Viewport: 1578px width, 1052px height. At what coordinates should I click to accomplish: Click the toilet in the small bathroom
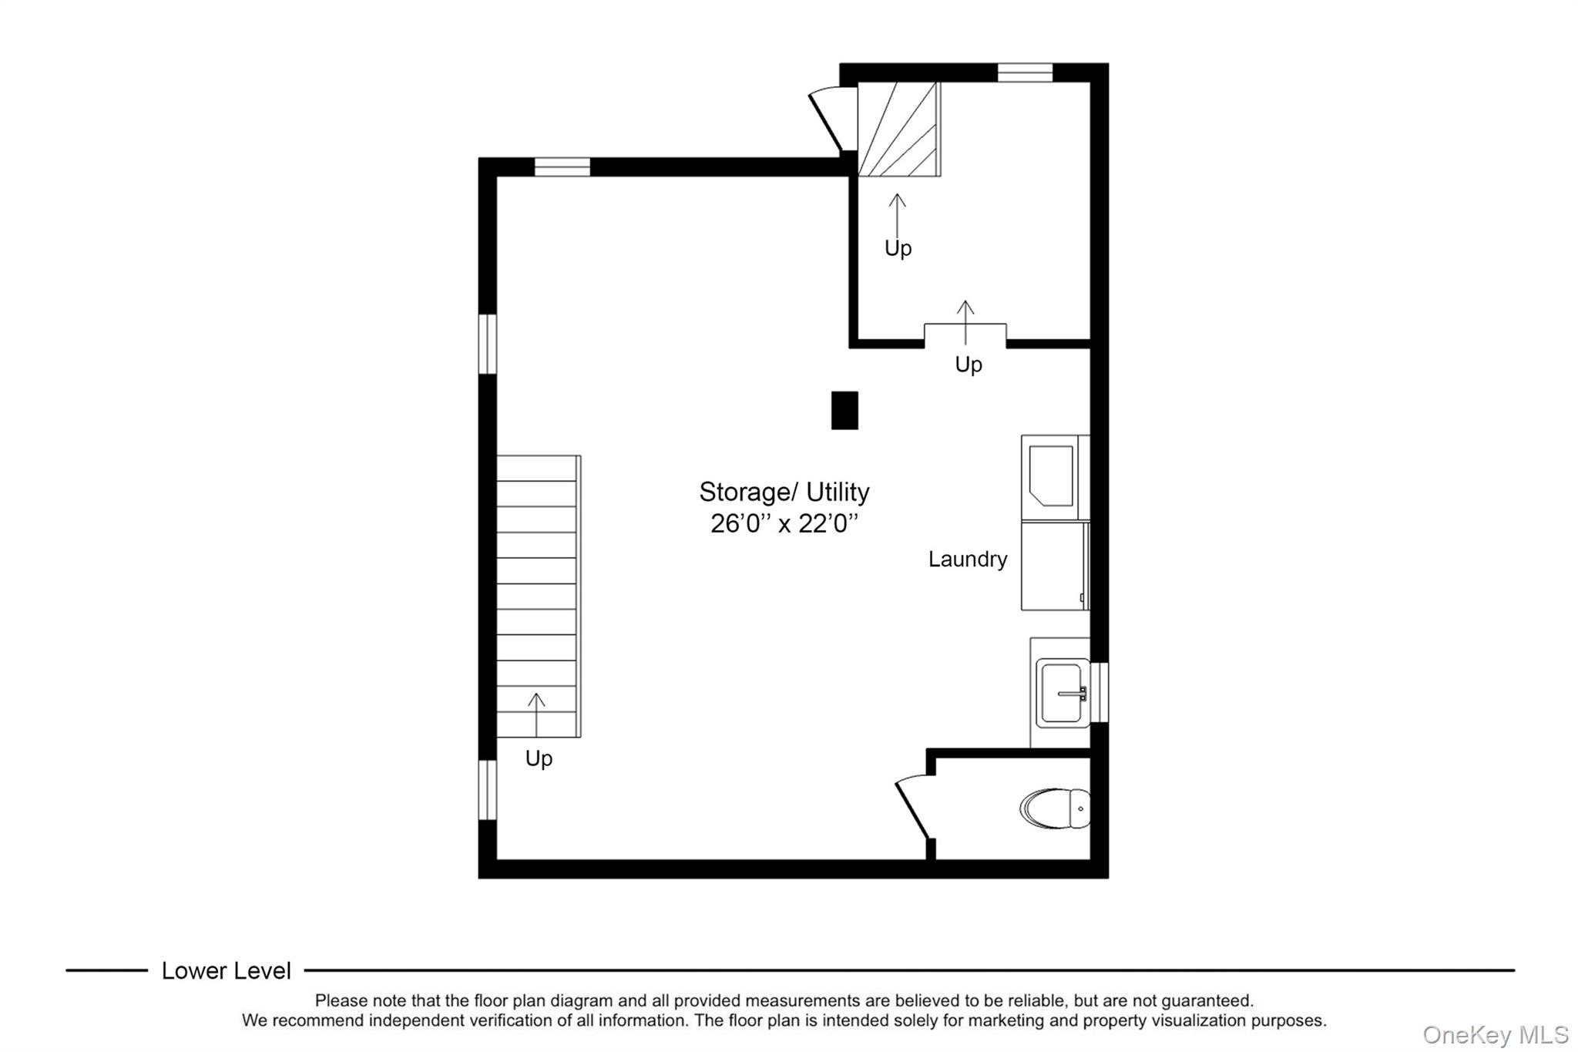coord(1056,808)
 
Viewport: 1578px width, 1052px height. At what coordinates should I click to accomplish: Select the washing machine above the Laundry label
coord(1055,478)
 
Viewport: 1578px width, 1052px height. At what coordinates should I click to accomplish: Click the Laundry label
coord(968,559)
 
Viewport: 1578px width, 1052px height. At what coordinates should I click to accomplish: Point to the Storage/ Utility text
coord(784,491)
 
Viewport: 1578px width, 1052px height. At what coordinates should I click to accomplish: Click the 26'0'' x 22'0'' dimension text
coord(784,523)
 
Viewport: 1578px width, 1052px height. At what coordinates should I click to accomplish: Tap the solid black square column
coord(844,410)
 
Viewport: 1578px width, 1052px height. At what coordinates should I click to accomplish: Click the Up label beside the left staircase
coord(539,759)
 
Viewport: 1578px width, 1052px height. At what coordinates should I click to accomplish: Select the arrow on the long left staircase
coord(536,714)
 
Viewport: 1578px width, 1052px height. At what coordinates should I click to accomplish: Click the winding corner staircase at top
coord(899,129)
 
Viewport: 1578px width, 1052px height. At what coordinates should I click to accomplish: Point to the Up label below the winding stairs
coord(898,248)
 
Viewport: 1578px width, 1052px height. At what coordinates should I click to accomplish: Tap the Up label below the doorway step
coord(969,365)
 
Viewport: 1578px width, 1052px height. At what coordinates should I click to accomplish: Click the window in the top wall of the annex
coord(1025,72)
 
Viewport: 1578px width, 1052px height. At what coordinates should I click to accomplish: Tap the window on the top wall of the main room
coord(562,166)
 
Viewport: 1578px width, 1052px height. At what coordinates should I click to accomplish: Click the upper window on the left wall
coord(487,344)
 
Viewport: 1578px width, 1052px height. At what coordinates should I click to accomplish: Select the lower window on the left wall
coord(487,790)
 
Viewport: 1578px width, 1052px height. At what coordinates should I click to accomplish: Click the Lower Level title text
coord(227,970)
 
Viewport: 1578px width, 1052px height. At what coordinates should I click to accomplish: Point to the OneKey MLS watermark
coord(1496,1034)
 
